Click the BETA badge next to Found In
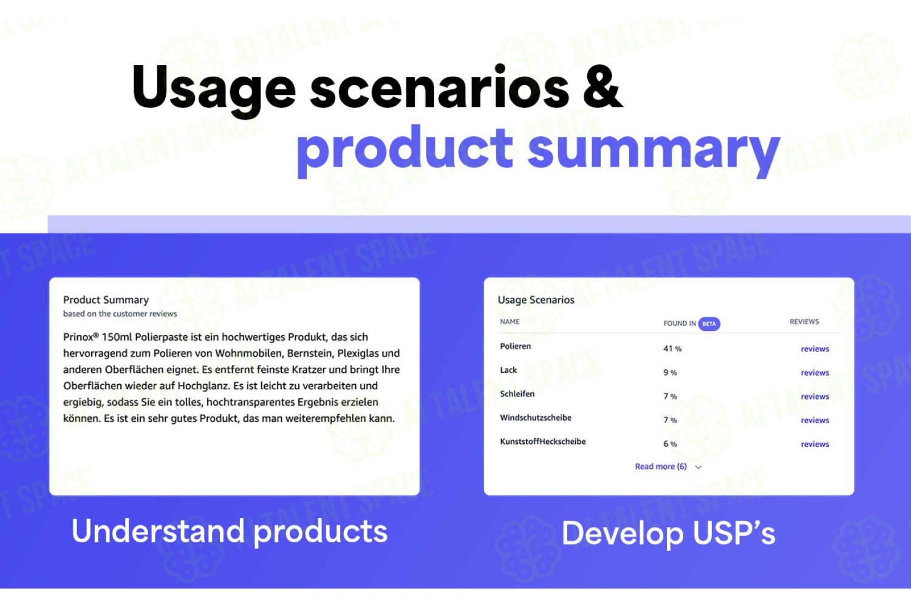(x=709, y=323)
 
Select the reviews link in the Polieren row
(x=814, y=349)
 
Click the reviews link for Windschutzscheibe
(x=814, y=420)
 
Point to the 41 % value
(x=672, y=348)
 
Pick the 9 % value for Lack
(x=670, y=373)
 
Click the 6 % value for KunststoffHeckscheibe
(x=670, y=444)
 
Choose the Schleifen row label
(x=517, y=394)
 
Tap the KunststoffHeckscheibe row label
(x=542, y=441)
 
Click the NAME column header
(x=510, y=322)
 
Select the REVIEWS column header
(x=804, y=322)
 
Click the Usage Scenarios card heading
(x=536, y=300)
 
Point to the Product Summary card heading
(x=106, y=300)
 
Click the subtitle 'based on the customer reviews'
(x=120, y=314)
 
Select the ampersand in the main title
(x=603, y=87)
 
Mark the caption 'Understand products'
(x=230, y=531)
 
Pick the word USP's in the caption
(x=734, y=533)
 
